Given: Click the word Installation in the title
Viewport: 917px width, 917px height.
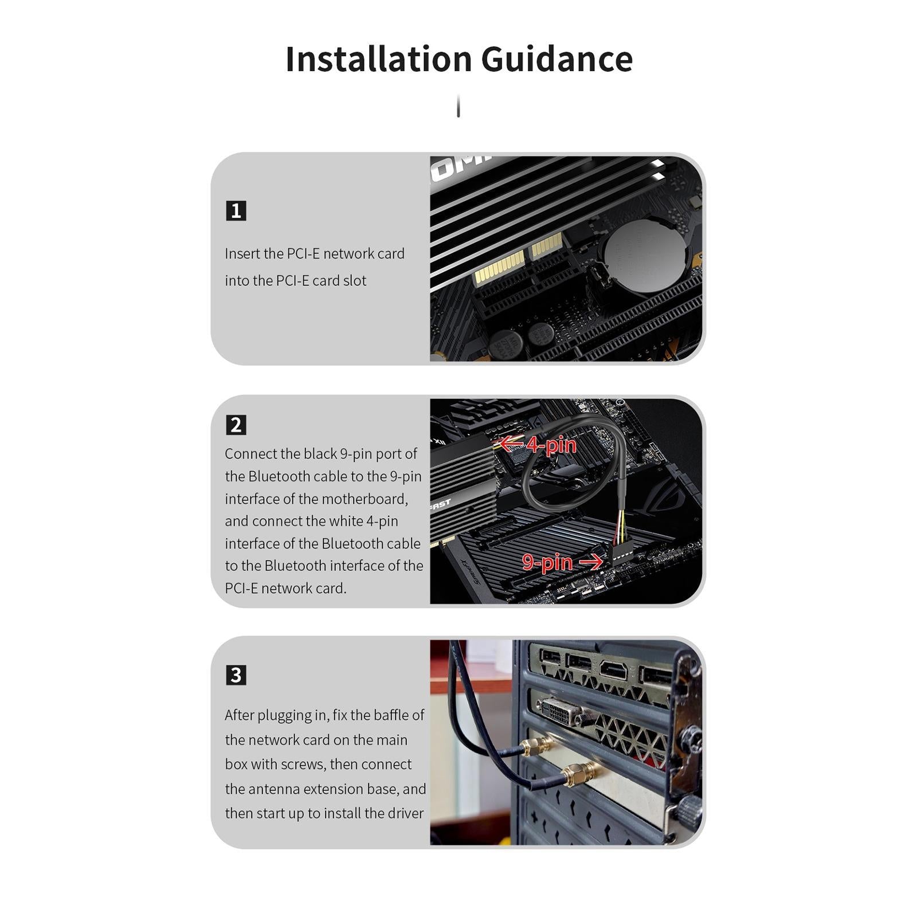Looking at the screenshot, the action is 378,59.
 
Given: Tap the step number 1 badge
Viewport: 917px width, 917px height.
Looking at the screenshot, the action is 236,211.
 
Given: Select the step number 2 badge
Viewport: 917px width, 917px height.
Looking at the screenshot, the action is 236,425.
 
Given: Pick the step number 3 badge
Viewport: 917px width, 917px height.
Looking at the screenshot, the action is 236,675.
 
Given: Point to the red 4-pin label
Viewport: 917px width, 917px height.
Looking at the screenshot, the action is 551,445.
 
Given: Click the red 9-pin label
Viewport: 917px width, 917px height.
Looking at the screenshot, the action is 547,562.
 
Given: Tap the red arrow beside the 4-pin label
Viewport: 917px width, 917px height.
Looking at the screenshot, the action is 512,444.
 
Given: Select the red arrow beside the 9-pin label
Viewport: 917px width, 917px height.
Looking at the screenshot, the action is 591,562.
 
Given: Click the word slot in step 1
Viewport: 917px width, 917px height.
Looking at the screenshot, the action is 354,281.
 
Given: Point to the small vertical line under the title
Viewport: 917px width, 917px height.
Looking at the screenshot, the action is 458,107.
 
